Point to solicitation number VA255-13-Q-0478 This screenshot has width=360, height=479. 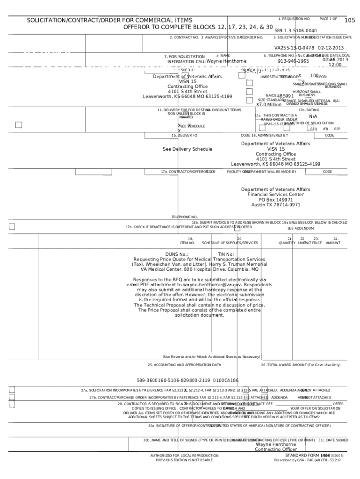pyautogui.click(x=294, y=48)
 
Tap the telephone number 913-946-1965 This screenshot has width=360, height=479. pyautogui.click(x=293, y=61)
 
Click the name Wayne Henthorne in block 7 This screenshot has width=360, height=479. pyautogui.click(x=226, y=61)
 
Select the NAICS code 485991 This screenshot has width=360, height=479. pyautogui.click(x=285, y=96)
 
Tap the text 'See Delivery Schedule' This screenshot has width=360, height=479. pyautogui.click(x=187, y=149)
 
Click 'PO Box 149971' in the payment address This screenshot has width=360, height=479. pyautogui.click(x=275, y=199)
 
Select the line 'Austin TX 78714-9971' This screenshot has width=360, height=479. pyautogui.click(x=275, y=204)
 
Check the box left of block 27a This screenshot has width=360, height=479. pyautogui.click(x=12, y=390)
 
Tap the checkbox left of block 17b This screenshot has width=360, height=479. pyautogui.click(x=12, y=227)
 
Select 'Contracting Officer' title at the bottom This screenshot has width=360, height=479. pyautogui.click(x=275, y=450)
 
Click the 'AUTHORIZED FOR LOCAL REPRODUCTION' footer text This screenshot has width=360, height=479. pyautogui.click(x=184, y=455)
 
